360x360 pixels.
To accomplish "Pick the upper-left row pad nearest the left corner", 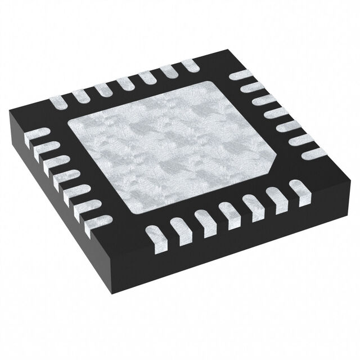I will (x=58, y=102).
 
